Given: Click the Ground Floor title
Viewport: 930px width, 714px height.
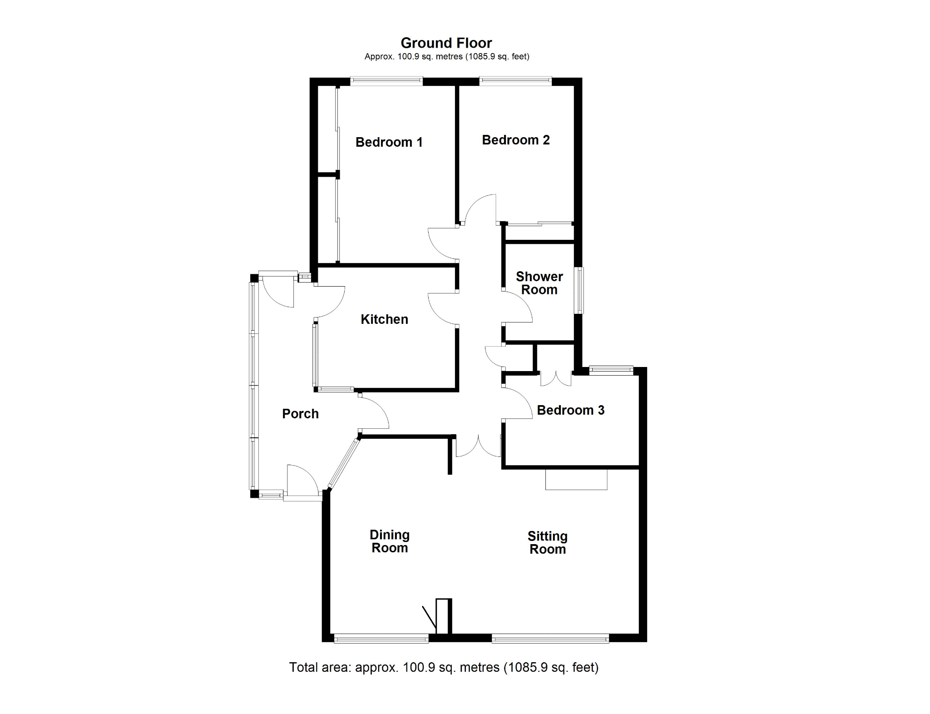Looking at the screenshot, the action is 446,43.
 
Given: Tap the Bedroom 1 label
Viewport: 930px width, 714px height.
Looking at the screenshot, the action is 389,142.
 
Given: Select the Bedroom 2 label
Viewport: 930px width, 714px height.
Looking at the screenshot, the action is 516,140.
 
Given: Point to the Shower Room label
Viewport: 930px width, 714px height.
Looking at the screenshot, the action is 539,283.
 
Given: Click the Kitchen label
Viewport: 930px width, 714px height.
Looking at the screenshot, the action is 384,319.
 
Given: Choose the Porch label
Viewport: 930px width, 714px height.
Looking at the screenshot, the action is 300,414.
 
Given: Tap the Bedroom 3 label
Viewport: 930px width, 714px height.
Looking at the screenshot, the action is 570,410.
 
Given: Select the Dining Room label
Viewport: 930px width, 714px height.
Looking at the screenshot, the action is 390,541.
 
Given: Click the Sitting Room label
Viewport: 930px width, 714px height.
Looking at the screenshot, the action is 548,543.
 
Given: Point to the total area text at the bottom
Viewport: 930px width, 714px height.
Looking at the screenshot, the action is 444,667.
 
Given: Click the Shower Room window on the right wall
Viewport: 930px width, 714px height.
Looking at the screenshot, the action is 579,290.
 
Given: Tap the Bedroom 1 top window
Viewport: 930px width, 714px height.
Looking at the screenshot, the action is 386,81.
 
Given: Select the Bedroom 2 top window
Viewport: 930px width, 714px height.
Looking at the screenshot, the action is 515,81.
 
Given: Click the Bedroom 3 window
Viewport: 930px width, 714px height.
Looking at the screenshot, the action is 611,371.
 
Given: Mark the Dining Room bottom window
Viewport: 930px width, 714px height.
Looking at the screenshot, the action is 381,639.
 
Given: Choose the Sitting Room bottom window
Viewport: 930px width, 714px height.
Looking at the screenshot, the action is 550,639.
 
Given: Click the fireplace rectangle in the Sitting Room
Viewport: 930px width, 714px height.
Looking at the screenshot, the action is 576,479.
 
